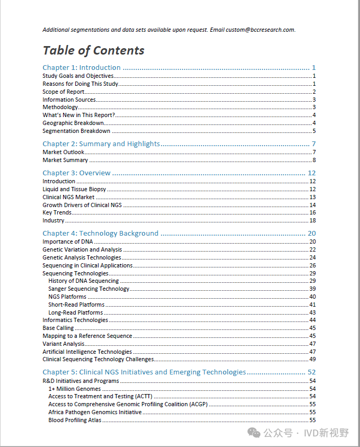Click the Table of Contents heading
(93, 51)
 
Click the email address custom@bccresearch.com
(260, 30)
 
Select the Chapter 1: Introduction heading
(82, 68)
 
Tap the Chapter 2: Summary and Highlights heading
(101, 144)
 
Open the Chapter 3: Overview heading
(76, 173)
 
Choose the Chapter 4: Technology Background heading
(100, 234)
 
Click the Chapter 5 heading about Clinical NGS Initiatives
(144, 372)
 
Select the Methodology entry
(60, 108)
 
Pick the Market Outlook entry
(63, 153)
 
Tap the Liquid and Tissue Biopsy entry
(74, 189)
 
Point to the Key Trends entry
(57, 213)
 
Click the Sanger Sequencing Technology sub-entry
(89, 289)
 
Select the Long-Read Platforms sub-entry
(75, 312)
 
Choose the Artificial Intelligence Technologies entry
(87, 352)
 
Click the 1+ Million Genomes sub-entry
(74, 389)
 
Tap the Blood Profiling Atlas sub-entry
(75, 420)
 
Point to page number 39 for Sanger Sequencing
(312, 289)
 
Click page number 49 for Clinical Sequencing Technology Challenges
(312, 360)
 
